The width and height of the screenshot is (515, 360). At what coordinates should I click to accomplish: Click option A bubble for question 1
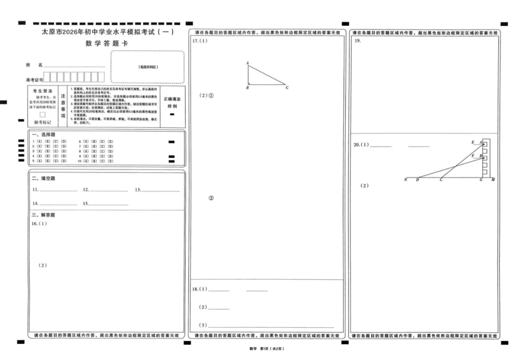40,142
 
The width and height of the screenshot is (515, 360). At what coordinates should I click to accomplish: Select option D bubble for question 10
111,161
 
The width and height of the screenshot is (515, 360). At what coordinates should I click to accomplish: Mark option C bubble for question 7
103,146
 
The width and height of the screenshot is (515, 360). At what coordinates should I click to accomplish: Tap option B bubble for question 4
48,156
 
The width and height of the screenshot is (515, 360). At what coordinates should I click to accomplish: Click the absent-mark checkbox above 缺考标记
42,114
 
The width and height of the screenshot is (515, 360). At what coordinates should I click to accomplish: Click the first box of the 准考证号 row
47,77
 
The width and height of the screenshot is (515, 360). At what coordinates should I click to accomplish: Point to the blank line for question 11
58,190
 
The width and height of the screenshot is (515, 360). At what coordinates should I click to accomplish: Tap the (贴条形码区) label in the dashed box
148,67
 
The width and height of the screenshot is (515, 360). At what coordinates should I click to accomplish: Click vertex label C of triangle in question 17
287,88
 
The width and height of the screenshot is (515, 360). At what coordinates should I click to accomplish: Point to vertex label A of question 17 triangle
247,63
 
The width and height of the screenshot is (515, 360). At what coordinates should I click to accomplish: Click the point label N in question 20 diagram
405,180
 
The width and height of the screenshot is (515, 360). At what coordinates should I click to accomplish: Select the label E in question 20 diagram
473,142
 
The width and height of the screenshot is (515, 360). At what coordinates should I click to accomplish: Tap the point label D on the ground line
417,180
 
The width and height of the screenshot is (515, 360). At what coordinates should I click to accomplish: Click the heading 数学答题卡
107,44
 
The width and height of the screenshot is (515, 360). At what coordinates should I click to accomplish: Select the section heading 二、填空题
43,178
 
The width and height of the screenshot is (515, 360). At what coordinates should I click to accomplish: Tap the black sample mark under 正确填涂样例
172,114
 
